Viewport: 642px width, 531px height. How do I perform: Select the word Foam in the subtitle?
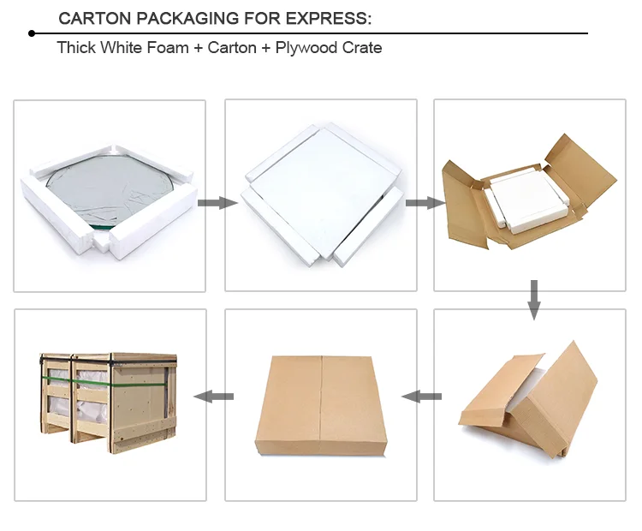(169, 48)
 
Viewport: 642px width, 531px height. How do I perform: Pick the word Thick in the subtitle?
(76, 48)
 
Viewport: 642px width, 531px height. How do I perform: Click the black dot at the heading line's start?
(32, 33)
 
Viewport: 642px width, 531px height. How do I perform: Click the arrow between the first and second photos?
(216, 203)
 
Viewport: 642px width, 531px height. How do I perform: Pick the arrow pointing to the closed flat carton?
(422, 396)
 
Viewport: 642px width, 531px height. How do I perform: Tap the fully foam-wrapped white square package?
(320, 192)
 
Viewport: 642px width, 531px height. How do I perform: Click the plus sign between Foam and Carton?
(199, 48)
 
